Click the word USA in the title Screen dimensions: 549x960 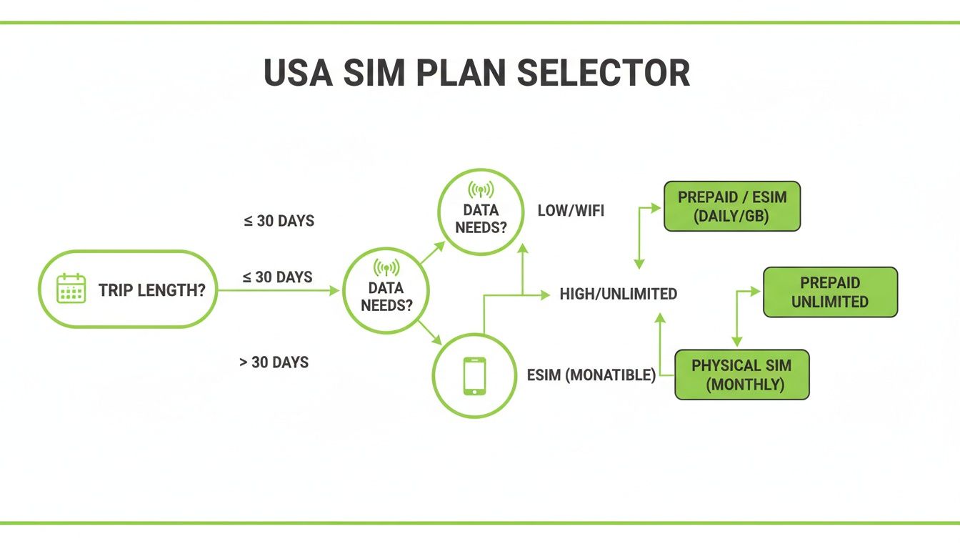(x=299, y=73)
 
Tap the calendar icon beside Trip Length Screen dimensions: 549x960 (x=71, y=289)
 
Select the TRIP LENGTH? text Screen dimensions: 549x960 (x=152, y=291)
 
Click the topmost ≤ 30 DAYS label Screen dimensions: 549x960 (x=279, y=221)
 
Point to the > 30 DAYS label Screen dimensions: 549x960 (x=274, y=362)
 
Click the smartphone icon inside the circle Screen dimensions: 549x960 (x=474, y=375)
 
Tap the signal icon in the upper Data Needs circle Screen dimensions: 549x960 (x=480, y=190)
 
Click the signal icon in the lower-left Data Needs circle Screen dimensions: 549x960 (x=386, y=268)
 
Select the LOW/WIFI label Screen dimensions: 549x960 (x=571, y=211)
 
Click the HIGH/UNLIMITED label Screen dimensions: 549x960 (x=619, y=294)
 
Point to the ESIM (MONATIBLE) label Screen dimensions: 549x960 (x=591, y=375)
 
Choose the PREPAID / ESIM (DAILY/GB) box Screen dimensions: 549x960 (x=732, y=207)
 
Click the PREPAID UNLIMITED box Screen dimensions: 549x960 (x=830, y=292)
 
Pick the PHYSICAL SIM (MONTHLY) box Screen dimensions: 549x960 (x=741, y=375)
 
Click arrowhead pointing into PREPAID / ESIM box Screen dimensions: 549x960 (x=658, y=207)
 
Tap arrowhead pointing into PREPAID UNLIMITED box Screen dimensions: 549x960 (x=756, y=292)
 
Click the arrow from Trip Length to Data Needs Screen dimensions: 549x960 (x=279, y=291)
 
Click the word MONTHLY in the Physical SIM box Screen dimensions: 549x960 (x=745, y=385)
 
